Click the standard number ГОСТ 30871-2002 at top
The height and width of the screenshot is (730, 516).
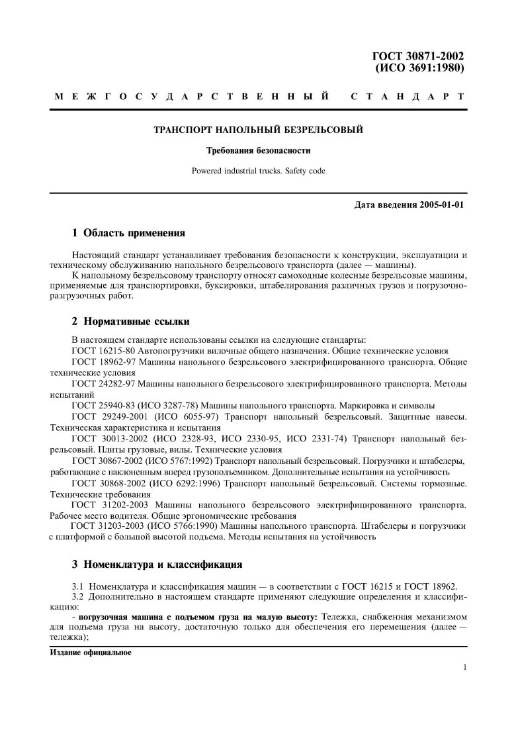coord(419,56)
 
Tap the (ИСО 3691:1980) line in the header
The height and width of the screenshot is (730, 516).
coord(419,68)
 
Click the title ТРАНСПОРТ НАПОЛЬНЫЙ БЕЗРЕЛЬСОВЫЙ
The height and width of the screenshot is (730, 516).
coord(258,129)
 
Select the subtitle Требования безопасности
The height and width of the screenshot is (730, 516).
coord(258,150)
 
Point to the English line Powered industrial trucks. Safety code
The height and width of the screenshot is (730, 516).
coord(258,170)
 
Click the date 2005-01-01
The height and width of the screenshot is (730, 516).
coord(442,204)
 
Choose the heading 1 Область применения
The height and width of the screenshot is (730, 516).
coord(128,233)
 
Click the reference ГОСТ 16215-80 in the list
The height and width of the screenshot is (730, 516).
coord(103,351)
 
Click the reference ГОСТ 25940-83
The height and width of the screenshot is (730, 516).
coord(103,405)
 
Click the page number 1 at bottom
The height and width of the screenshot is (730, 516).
coord(466,667)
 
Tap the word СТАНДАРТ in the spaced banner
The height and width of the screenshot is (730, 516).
coord(407,97)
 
